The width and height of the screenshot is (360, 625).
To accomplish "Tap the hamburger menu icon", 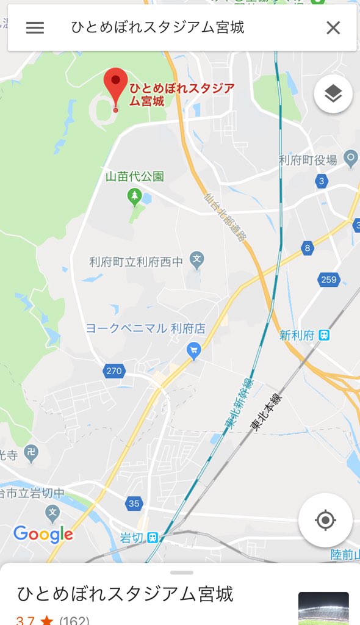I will tap(35, 27).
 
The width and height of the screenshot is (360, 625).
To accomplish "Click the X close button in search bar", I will tap(333, 27).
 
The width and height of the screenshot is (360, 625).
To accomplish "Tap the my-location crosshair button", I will tap(325, 521).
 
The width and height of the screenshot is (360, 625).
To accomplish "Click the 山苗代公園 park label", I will tap(135, 176).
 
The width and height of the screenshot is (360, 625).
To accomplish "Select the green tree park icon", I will tap(134, 197).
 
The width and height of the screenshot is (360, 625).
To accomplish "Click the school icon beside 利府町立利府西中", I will tap(196, 261).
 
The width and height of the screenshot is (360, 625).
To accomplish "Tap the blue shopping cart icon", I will tap(194, 350).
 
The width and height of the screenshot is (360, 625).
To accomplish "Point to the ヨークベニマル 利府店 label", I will tap(145, 328).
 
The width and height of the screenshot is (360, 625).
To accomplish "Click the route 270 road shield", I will tap(113, 370).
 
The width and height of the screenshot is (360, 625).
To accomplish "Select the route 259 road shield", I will tap(328, 280).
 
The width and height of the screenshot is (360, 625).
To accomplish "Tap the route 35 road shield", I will tap(134, 504).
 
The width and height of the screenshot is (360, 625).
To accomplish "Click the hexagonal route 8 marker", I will tap(308, 248).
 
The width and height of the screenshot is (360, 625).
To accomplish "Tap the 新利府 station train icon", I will tap(324, 335).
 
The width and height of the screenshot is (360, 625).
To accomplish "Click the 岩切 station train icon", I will tap(153, 538).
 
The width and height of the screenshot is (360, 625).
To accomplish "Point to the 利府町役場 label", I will tap(308, 160).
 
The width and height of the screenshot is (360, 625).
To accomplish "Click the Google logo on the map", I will tap(43, 535).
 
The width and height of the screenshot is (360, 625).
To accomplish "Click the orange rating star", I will tap(47, 620).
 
